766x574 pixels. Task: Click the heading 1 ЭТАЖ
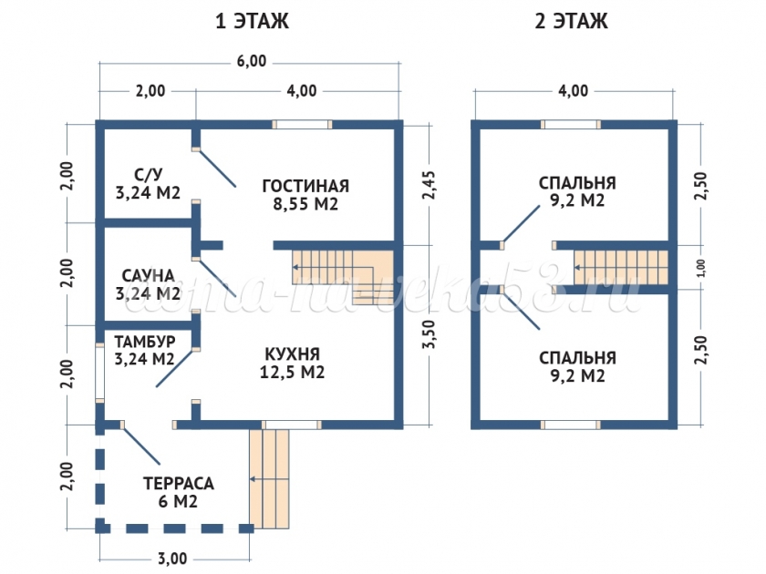[x=252, y=21]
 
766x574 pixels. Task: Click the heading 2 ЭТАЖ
[x=572, y=21]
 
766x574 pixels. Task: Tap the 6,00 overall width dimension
[x=252, y=62]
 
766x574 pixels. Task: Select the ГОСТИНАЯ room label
[x=305, y=186]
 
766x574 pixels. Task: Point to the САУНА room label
[x=148, y=274]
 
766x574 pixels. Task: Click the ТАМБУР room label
[x=144, y=340]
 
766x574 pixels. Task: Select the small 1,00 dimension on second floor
[x=700, y=267]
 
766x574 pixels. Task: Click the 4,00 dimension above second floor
[x=573, y=90]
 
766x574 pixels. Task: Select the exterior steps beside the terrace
[x=271, y=478]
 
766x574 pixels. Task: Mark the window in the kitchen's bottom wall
[x=291, y=424]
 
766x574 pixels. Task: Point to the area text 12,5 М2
[x=294, y=372]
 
